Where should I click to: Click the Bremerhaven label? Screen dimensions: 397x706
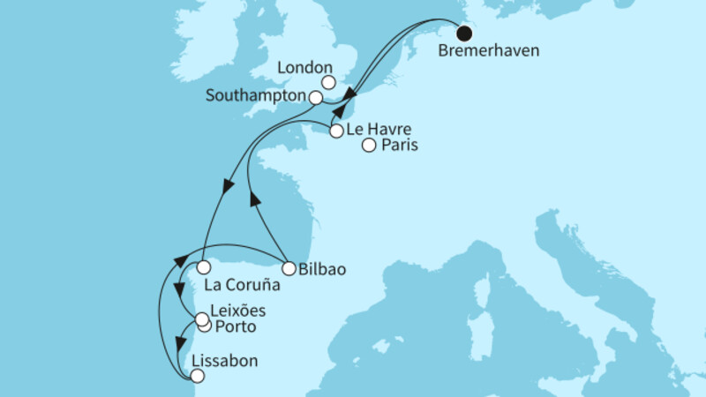(x=488, y=50)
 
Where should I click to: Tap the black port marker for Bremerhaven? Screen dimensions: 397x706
(x=463, y=31)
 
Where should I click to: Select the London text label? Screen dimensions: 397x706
(x=304, y=67)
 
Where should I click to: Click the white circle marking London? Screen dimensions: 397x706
(x=328, y=83)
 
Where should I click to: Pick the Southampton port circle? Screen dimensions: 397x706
(x=315, y=97)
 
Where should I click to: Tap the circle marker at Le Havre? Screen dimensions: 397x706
(x=336, y=131)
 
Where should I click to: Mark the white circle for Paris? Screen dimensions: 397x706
(x=369, y=146)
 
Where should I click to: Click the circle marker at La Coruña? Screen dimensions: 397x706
(x=203, y=266)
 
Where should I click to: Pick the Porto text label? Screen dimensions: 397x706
(x=235, y=327)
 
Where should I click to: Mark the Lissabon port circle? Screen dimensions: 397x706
(x=196, y=376)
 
